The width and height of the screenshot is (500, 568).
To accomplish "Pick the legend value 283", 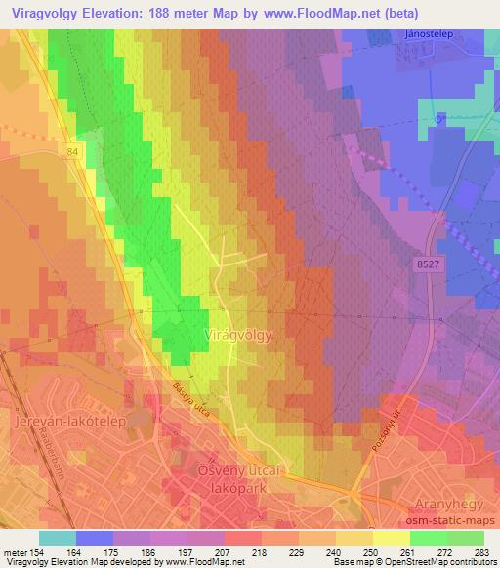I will tap(483, 551).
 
